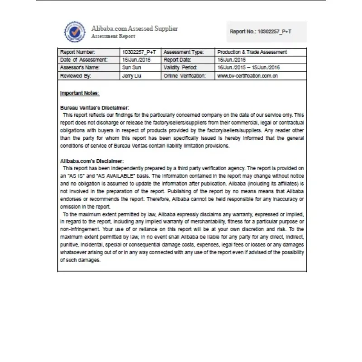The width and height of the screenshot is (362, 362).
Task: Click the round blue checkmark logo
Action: pos(75,32)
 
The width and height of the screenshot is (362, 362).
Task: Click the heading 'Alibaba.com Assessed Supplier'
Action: pos(134,29)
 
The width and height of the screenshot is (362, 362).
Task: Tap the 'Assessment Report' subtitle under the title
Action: pos(113,36)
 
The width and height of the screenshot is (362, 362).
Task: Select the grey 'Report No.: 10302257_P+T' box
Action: pos(267,32)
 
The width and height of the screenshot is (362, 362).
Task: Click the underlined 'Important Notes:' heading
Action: pos(80,93)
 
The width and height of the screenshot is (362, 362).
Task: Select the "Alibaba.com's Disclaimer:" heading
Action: pos(92,161)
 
